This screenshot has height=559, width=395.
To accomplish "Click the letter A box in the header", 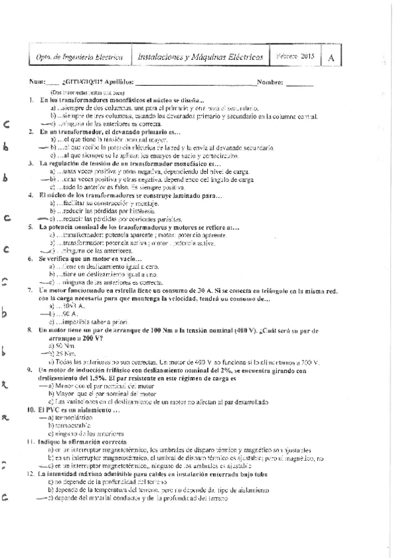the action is (330, 57).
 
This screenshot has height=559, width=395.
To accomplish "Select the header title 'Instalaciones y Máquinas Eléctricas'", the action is (197, 57).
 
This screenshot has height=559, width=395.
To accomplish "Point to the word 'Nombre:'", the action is (270, 83).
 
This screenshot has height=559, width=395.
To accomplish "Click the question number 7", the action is (31, 290).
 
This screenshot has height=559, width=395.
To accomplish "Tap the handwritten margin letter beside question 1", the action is (6, 123).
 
